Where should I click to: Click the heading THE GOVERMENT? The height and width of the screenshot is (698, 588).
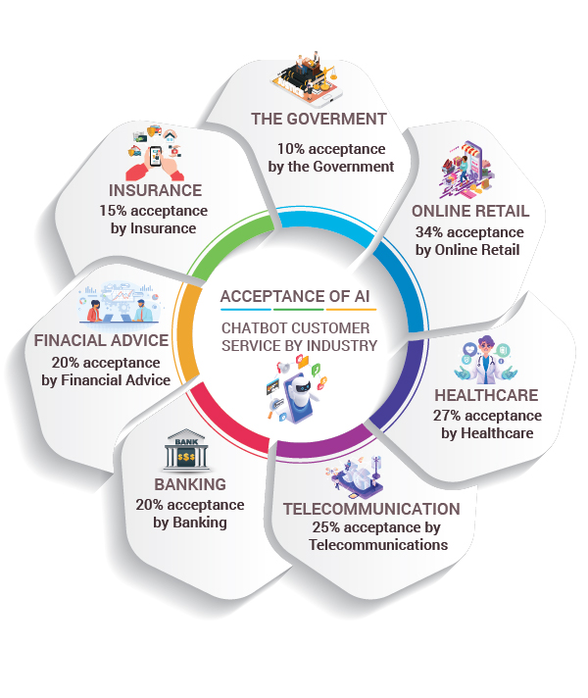tap(318, 120)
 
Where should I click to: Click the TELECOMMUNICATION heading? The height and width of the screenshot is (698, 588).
tap(371, 509)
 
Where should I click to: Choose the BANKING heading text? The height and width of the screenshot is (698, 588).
tap(190, 484)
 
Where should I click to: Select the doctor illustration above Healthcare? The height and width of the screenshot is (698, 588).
tap(486, 359)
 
